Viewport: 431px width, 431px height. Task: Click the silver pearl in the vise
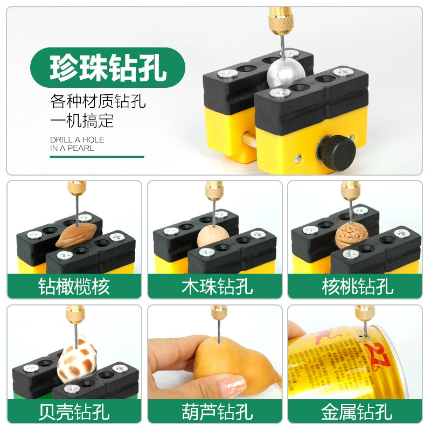pyautogui.click(x=286, y=74)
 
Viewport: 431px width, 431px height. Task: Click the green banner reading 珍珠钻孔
pyautogui.click(x=107, y=68)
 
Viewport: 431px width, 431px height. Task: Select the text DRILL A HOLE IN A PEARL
pyautogui.click(x=77, y=144)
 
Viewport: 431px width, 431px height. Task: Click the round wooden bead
pyautogui.click(x=213, y=237)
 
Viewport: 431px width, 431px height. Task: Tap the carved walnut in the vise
pyautogui.click(x=352, y=235)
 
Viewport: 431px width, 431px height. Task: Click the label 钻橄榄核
pyautogui.click(x=74, y=287)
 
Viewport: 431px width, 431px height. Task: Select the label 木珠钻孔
pyautogui.click(x=217, y=287)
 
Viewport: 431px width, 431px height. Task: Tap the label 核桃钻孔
pyautogui.click(x=357, y=287)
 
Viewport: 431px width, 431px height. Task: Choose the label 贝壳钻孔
pyautogui.click(x=74, y=412)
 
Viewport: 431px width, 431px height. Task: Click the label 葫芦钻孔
pyautogui.click(x=217, y=412)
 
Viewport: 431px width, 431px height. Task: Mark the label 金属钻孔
pyautogui.click(x=357, y=412)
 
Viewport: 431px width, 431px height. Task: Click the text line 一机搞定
pyautogui.click(x=82, y=120)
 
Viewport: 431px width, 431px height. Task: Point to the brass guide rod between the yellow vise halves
pyautogui.click(x=248, y=140)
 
